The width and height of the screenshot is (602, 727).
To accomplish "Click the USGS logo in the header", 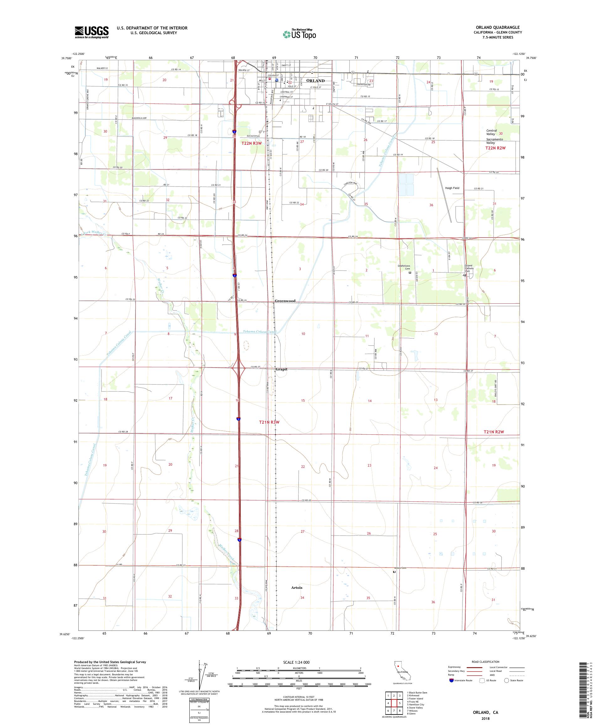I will [x=92, y=32].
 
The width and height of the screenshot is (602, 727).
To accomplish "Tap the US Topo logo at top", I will [x=300, y=34].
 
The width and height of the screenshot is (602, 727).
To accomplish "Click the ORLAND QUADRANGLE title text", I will [x=498, y=27].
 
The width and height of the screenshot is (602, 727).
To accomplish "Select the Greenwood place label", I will [x=285, y=301].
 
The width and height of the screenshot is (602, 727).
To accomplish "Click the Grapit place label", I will [x=281, y=369].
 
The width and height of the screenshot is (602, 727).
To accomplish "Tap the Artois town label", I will [x=297, y=588].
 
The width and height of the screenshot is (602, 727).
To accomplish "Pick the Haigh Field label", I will [x=452, y=188].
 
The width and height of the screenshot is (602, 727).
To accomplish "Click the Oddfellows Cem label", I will [x=404, y=267].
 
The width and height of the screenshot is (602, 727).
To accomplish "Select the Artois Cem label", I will [x=400, y=568].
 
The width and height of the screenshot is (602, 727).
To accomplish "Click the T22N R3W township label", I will [x=251, y=143].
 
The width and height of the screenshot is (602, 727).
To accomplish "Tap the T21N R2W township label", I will [x=494, y=432].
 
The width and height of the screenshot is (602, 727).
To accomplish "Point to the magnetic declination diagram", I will [x=201, y=673].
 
